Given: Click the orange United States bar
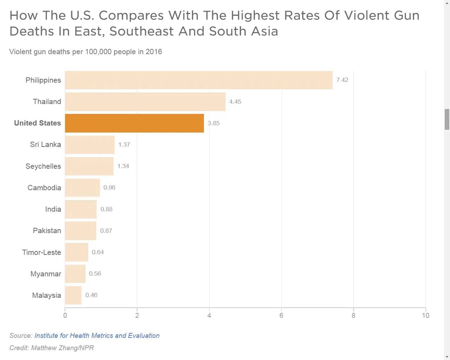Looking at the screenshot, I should [x=134, y=123].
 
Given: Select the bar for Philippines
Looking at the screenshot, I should [x=199, y=80].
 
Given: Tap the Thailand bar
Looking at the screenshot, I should [x=145, y=102].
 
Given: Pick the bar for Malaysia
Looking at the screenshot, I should [x=73, y=295].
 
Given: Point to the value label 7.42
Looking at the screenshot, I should [x=342, y=80].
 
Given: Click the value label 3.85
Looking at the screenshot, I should [x=213, y=123].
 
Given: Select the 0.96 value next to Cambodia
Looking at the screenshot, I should [x=109, y=187].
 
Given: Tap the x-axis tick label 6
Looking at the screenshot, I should [x=281, y=315].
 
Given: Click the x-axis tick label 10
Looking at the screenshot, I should [x=425, y=315].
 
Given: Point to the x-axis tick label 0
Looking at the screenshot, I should [x=65, y=315].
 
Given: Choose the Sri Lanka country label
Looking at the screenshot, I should [x=45, y=144].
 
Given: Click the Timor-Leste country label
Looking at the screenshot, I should [x=41, y=252].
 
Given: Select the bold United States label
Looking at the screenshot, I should [x=37, y=123].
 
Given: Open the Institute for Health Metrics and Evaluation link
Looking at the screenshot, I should [x=97, y=335].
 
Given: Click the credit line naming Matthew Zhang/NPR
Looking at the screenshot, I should [x=52, y=348].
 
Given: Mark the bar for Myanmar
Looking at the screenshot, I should [x=75, y=274].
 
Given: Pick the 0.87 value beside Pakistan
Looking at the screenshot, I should [x=106, y=231].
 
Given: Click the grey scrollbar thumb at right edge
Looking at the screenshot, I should [x=447, y=119].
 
